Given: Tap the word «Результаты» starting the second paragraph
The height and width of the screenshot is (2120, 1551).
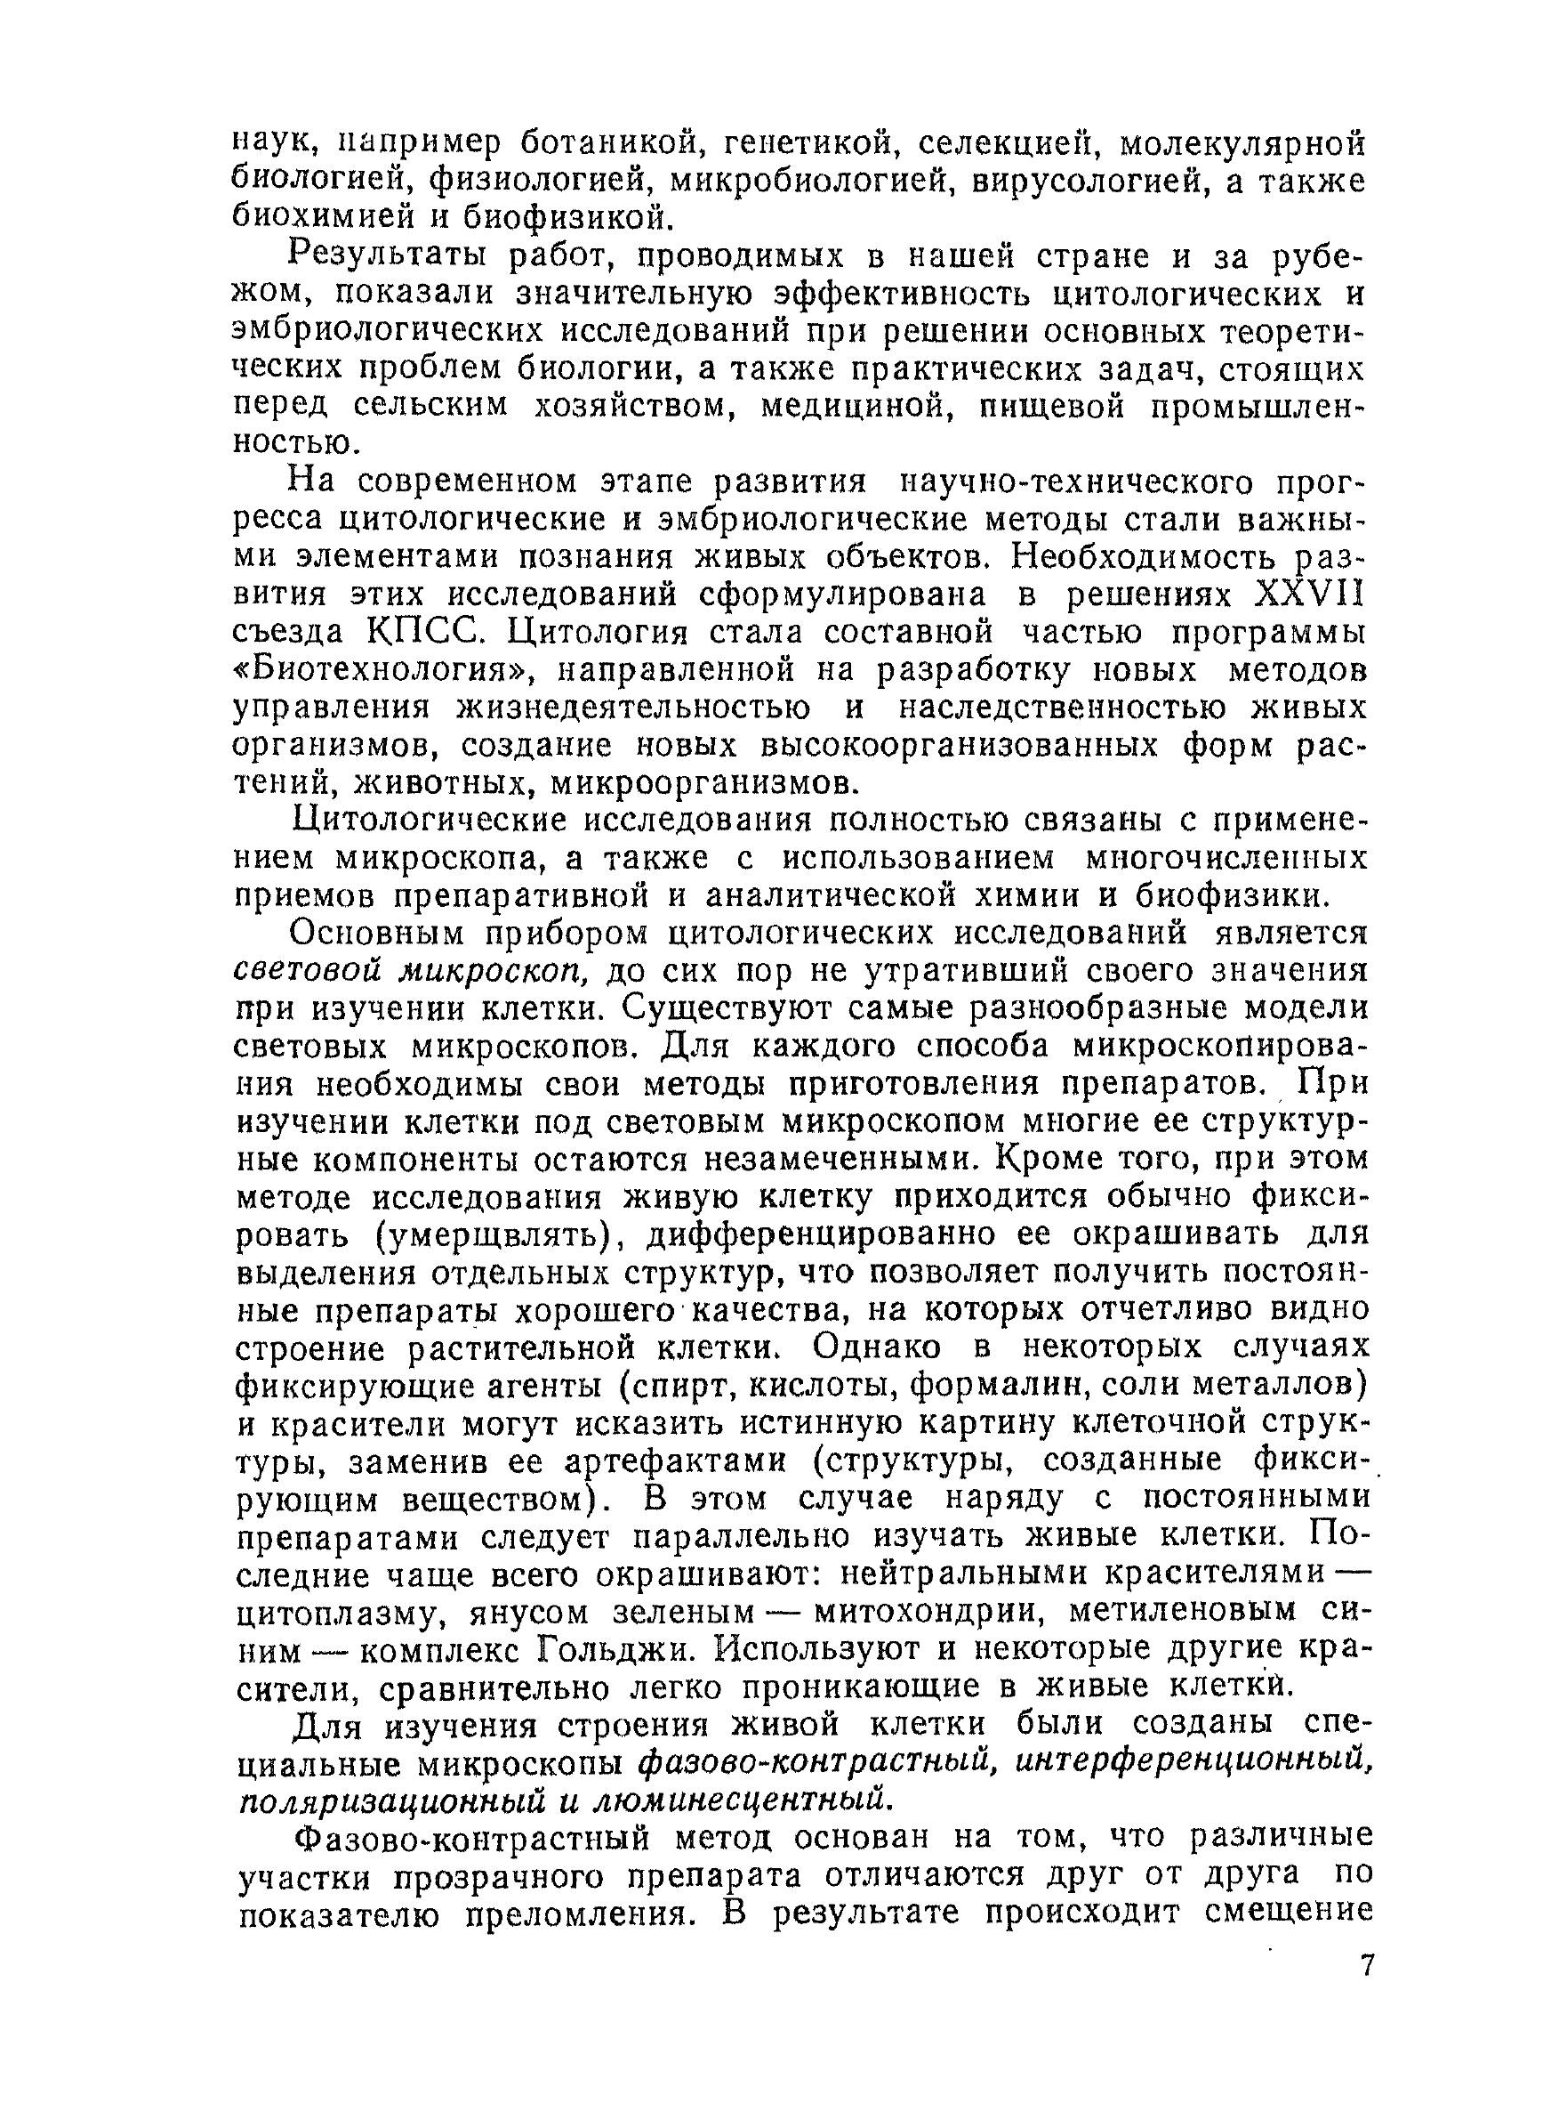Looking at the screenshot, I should (388, 255).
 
